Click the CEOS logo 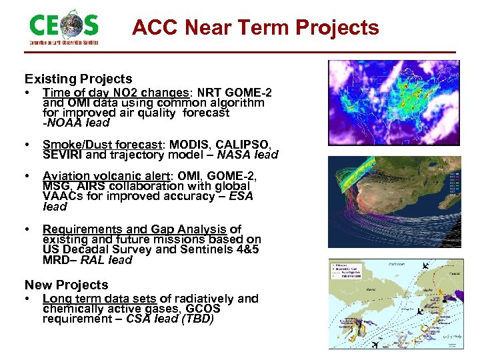pos(64,27)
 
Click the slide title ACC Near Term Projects pos(255,28)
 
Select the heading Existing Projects pos(79,79)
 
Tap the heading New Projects pos(66,285)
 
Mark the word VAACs pos(62,196)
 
